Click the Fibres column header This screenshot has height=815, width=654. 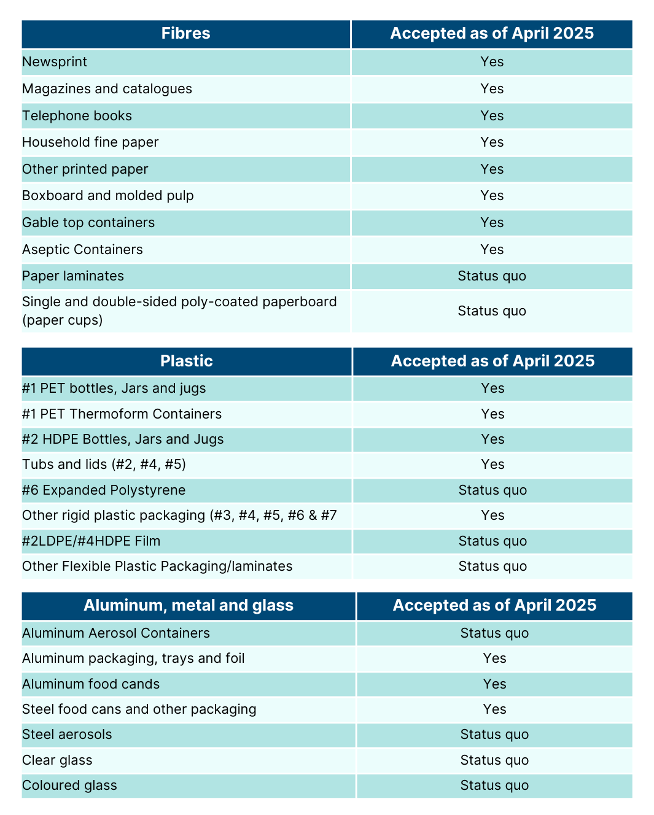pos(185,34)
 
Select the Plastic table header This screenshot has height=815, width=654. pos(186,361)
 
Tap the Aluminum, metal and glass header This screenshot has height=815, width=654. pos(188,605)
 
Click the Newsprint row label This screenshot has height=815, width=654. pos(55,62)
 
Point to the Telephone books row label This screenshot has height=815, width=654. pos(77,116)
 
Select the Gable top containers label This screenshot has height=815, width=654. pos(88,223)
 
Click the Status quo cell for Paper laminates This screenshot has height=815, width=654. pos(492,276)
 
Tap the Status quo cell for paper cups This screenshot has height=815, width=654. pos(492,311)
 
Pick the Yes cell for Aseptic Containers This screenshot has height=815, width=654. pos(492,250)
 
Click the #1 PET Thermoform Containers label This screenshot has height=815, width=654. pos(122,414)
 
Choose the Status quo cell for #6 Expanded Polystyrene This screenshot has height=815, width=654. pos(492,490)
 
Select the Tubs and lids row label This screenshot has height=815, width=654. pos(104,465)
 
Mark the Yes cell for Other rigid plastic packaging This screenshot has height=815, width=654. pos(492,516)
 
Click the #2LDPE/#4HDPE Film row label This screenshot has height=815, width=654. pos(91,541)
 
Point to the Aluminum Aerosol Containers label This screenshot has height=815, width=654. pos(115,633)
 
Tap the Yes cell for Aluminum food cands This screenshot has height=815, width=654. pos(494,684)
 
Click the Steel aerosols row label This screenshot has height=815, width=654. pos(67,735)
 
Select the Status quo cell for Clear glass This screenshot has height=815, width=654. pos(494,760)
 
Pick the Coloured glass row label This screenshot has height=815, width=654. pos(69,786)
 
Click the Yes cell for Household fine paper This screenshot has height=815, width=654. pos(492,142)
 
